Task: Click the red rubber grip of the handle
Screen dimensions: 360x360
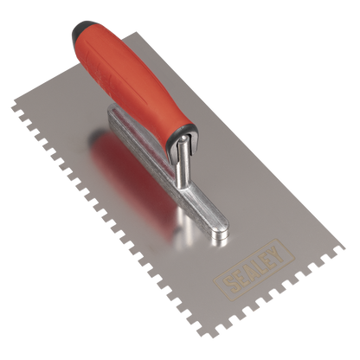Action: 136,84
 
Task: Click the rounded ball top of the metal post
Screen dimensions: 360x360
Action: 183,140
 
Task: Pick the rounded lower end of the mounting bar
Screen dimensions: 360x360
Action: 220,233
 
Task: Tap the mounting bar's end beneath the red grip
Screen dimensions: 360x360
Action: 114,111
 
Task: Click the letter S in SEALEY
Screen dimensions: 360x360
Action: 232,285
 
